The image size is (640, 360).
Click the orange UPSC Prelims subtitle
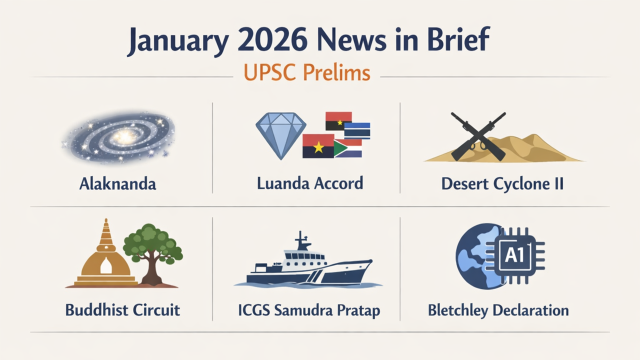point(306,73)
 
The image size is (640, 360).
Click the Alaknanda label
point(117,183)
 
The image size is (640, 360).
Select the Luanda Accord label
point(310,183)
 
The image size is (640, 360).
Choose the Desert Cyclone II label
point(502,183)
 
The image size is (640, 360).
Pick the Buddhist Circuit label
point(122,310)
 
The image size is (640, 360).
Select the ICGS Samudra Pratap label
point(309,310)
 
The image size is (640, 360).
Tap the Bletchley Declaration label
point(498,310)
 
